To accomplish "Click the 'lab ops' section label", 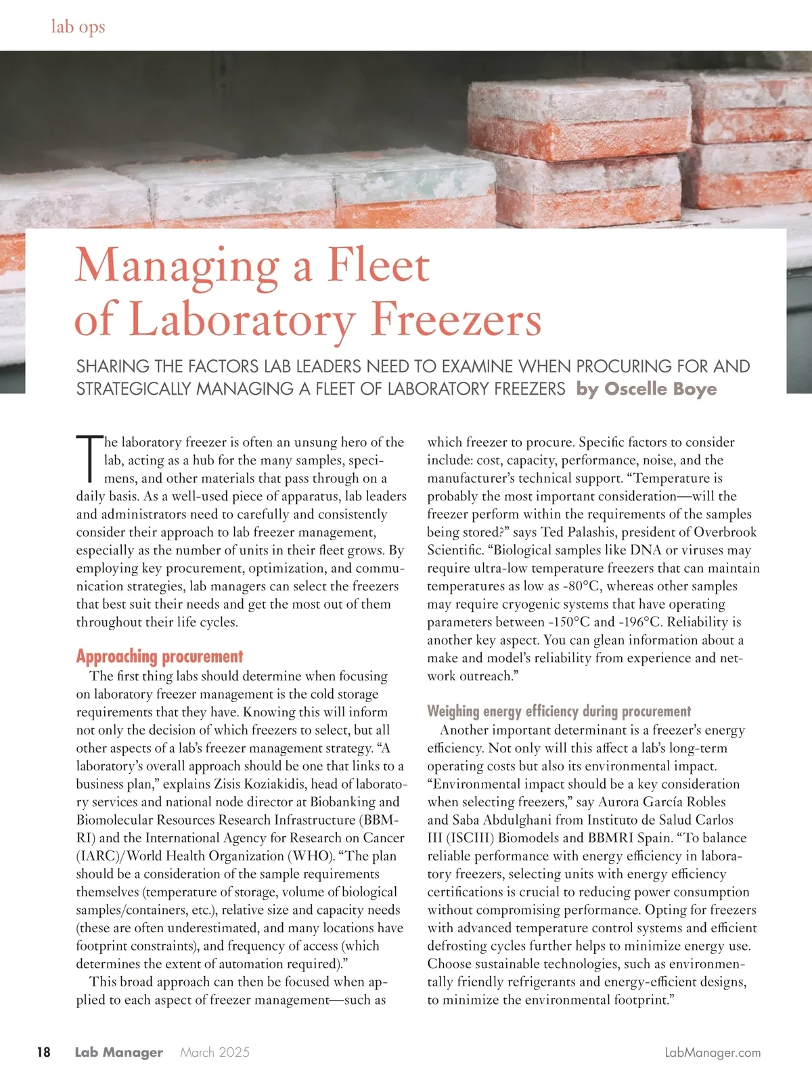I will tap(78, 27).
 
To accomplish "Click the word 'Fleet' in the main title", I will tap(378, 265).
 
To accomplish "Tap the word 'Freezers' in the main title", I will tap(457, 319).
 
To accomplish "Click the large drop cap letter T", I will tap(89, 458).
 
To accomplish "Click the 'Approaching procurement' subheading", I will tap(159, 656).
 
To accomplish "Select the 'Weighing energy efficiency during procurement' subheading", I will tap(559, 711).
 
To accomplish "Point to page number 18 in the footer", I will tap(43, 1052).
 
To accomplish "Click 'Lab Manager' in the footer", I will tap(119, 1052).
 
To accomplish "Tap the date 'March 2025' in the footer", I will tap(215, 1052).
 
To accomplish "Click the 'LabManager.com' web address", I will tap(713, 1052).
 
